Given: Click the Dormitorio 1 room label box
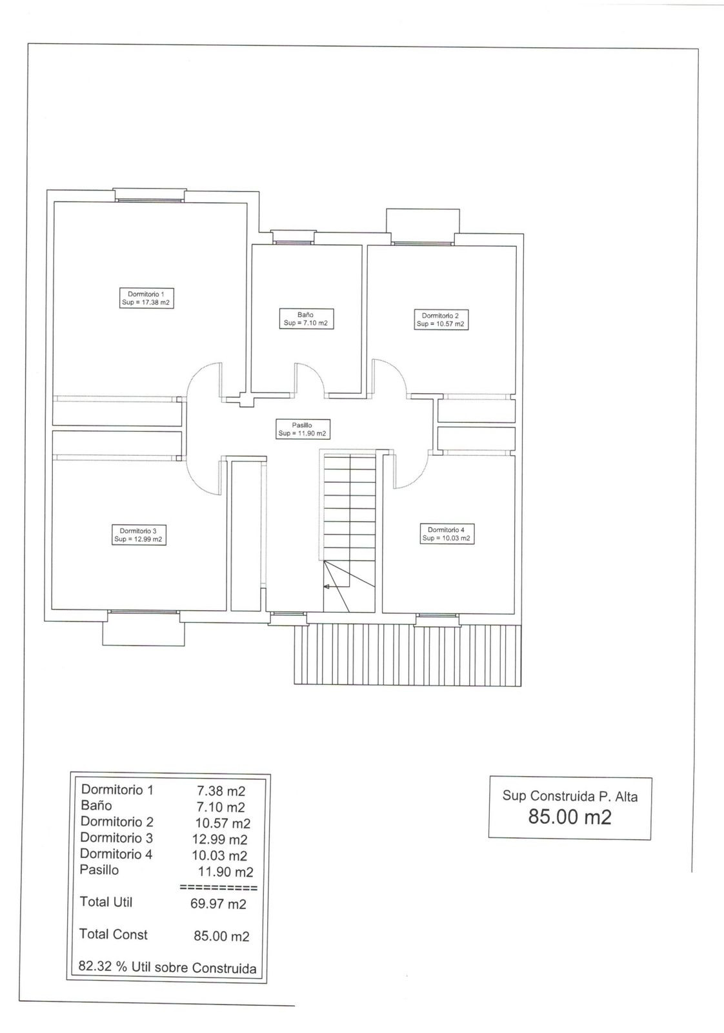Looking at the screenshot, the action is point(146,298).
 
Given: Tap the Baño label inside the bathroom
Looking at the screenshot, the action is point(306,319).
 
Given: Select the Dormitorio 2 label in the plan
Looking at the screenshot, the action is point(441,320).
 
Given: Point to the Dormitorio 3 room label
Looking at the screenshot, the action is point(139,535).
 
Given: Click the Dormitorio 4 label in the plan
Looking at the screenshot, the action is point(447,533).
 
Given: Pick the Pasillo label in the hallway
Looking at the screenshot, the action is point(303,429).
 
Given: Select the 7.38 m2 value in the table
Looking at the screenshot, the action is point(221,791).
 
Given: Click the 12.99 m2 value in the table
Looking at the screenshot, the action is point(220,839).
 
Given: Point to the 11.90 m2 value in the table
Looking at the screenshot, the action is point(226,872).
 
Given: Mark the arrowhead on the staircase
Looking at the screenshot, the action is point(327,587).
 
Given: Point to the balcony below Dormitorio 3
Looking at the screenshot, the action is point(143,633).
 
